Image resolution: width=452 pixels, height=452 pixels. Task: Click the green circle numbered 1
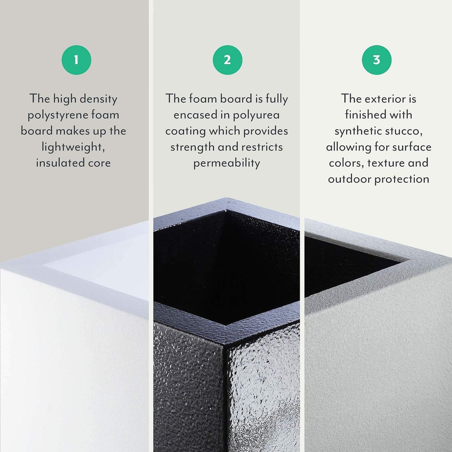[76, 60]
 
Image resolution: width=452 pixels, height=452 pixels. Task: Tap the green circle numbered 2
[227, 60]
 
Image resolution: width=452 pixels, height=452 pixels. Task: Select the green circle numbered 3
[377, 60]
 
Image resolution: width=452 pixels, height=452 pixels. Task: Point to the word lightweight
[73, 147]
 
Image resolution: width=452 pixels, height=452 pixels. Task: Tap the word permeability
[226, 163]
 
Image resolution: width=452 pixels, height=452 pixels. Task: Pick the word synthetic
[358, 131]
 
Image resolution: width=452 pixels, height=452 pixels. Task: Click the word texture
[385, 163]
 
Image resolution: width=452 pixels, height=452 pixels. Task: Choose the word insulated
[60, 163]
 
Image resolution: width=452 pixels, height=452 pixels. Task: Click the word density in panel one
[98, 99]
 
